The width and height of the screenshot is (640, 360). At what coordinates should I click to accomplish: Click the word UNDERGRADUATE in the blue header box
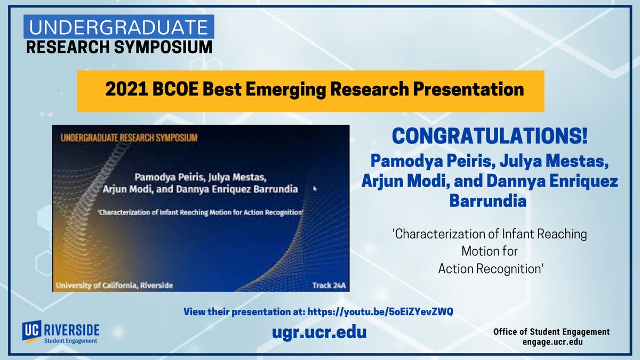pyautogui.click(x=118, y=26)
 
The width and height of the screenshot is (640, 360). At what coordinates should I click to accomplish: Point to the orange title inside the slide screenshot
pyautogui.click(x=130, y=138)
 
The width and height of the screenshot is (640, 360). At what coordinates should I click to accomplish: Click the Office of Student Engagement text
pyautogui.click(x=551, y=332)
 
